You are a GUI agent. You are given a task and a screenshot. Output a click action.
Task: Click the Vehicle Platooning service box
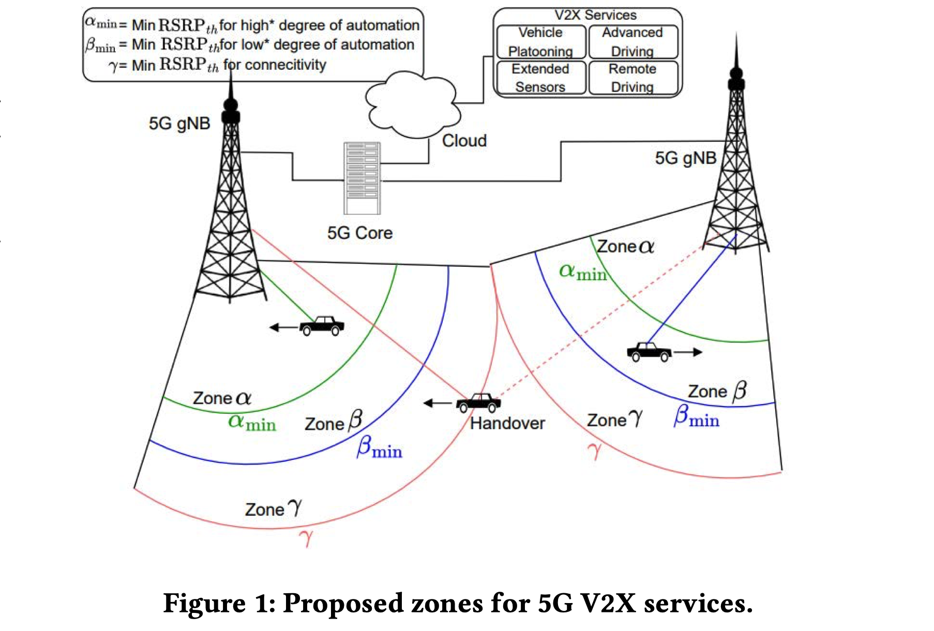541,42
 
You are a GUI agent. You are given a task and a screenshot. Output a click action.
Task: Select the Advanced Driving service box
632,42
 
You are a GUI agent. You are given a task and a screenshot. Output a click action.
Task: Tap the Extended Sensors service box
541,78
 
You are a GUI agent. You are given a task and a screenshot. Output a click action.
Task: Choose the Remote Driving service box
632,78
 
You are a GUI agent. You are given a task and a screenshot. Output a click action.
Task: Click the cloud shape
411,106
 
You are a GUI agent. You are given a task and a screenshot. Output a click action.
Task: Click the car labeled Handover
479,402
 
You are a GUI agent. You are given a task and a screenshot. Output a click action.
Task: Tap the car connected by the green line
322,326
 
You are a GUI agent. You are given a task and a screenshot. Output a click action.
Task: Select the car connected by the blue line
649,352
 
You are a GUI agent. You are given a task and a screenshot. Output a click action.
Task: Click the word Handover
507,424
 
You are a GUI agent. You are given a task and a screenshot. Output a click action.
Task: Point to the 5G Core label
360,233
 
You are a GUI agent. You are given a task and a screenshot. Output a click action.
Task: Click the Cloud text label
464,141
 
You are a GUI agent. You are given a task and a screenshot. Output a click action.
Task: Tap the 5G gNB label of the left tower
179,124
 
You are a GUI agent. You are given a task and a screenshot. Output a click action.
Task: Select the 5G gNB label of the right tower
686,158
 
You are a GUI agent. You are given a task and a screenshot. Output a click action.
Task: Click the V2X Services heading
595,15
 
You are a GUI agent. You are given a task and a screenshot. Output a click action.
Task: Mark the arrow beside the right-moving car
688,352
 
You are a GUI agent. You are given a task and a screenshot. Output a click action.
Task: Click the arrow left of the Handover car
438,403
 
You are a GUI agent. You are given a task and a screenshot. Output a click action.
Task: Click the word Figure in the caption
204,604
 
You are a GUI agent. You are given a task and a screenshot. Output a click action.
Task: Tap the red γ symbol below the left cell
306,538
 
